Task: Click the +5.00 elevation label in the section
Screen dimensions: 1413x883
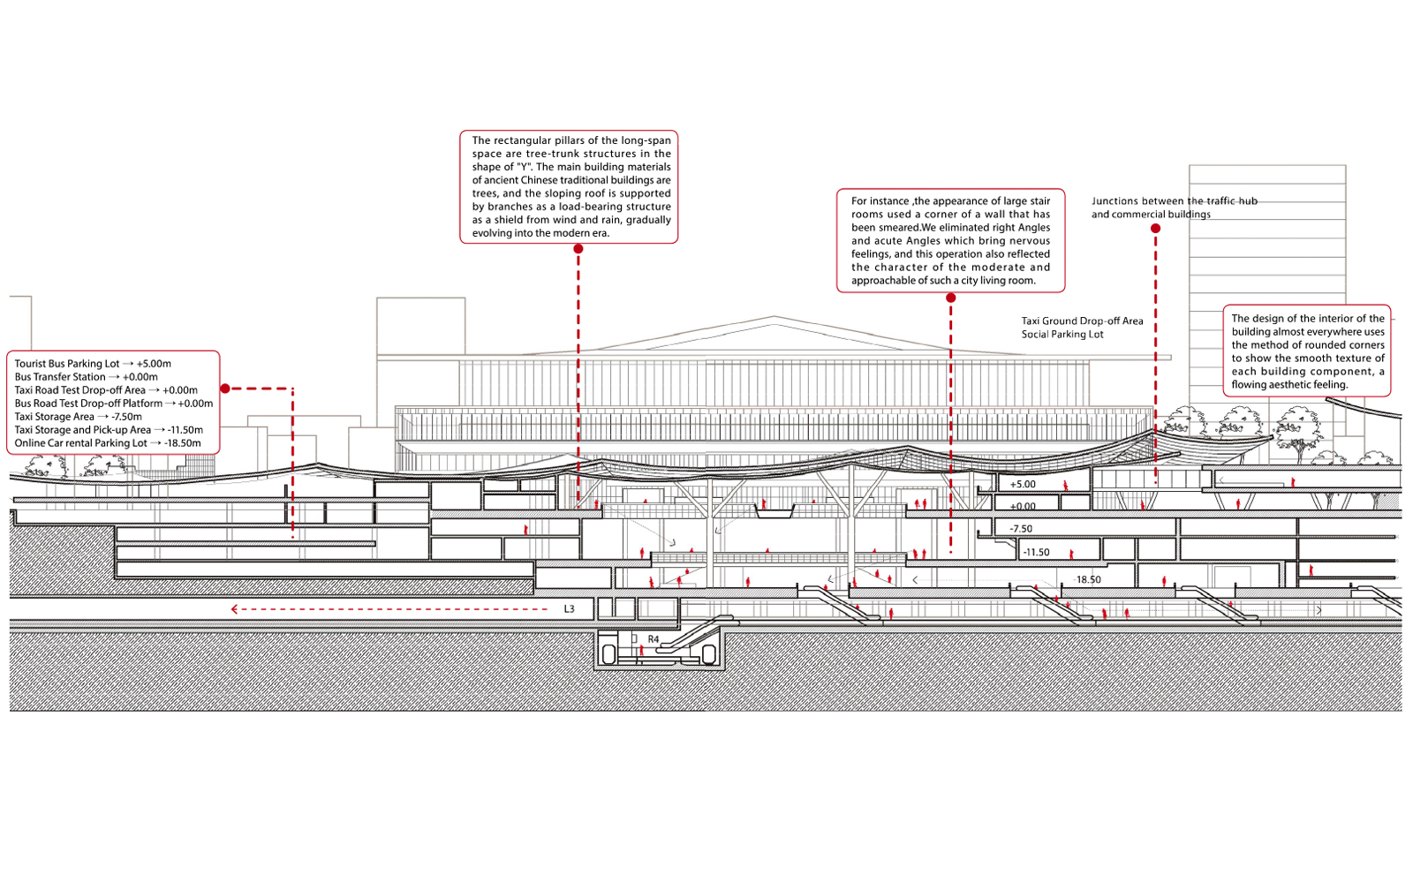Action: [x=1023, y=485]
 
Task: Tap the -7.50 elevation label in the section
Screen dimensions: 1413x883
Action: [x=1021, y=529]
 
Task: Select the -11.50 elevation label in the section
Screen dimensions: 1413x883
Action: [x=1036, y=552]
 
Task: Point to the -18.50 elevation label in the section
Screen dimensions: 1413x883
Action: [x=1087, y=579]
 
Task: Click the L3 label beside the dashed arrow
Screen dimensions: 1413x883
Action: [x=569, y=609]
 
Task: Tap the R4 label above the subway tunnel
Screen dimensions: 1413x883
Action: [x=654, y=639]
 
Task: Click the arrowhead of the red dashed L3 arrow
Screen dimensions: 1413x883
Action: [x=234, y=609]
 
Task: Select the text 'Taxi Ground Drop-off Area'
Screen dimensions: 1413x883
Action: [x=1083, y=321]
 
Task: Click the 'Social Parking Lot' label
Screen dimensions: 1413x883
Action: [x=1063, y=335]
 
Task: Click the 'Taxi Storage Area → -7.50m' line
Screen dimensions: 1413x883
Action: [x=79, y=417]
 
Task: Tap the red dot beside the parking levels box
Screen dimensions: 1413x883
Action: [x=225, y=389]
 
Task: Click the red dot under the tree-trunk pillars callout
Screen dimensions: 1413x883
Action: [x=578, y=249]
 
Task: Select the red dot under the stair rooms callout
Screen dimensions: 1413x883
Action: [x=950, y=298]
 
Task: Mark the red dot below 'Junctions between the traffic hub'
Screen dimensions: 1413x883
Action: [x=1155, y=229]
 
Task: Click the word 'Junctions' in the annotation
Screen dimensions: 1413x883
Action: [x=1115, y=201]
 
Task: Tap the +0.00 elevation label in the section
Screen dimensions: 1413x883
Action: [x=1023, y=506]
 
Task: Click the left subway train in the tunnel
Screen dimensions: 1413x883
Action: [x=608, y=654]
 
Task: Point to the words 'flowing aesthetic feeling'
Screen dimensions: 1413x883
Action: [x=1289, y=385]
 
